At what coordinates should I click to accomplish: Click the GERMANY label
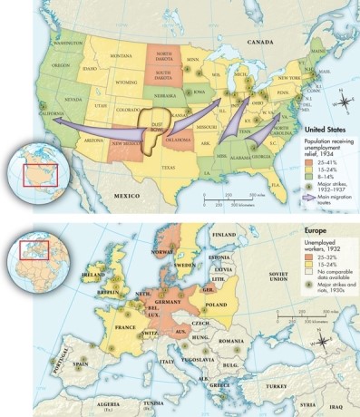pos(165,302)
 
